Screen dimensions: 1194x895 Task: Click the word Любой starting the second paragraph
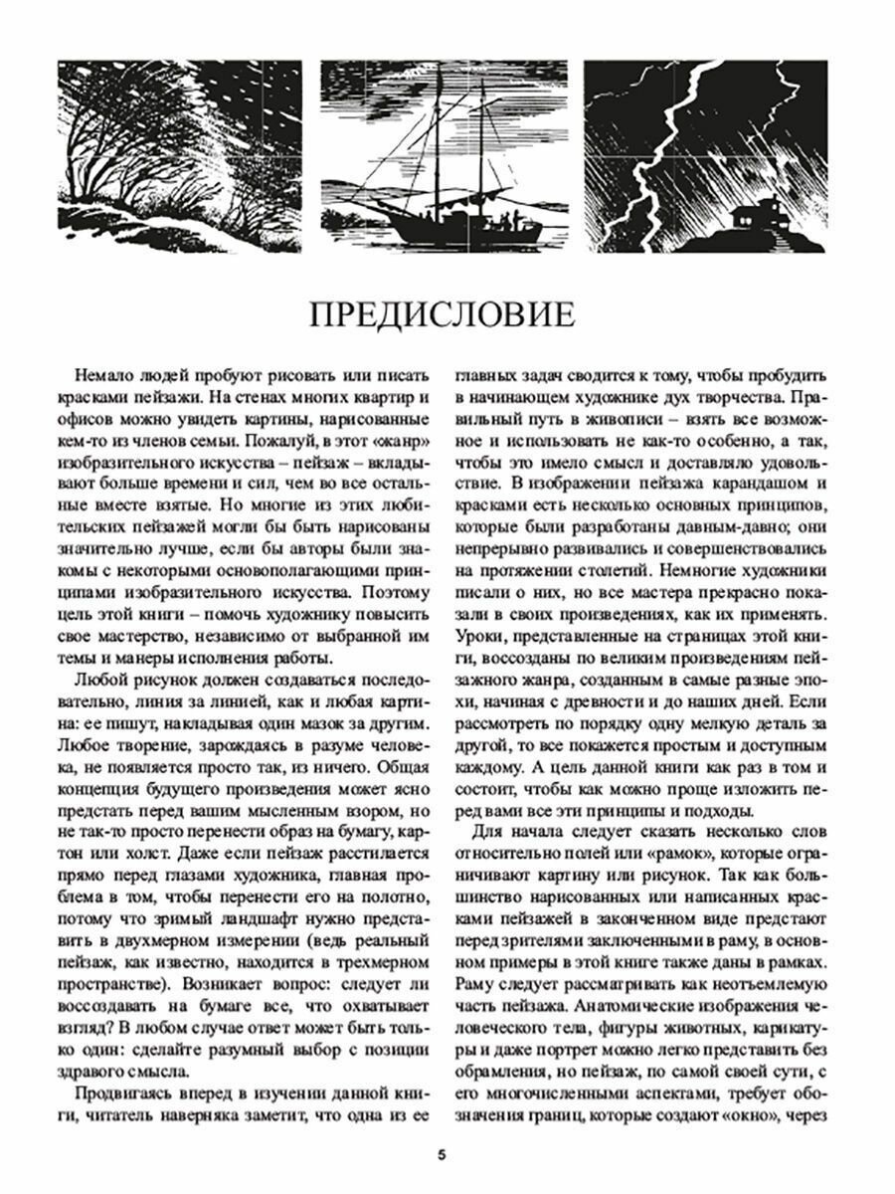98,681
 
